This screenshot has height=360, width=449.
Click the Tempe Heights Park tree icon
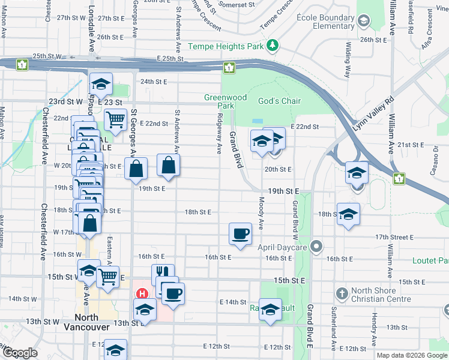(x=273, y=46)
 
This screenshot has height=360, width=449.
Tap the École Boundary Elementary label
(x=325, y=22)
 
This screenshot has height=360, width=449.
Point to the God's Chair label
(x=279, y=101)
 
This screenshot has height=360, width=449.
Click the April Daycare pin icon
(x=318, y=247)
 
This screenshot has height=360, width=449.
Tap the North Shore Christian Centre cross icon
(x=342, y=294)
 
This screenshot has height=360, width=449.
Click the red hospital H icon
(x=142, y=294)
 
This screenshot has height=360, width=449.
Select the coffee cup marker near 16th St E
(x=241, y=233)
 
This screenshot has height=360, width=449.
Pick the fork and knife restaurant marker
(x=163, y=274)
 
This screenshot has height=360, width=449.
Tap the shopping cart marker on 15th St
(x=107, y=277)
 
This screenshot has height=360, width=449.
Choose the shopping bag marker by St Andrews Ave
(x=169, y=164)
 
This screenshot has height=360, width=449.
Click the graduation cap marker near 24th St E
(x=101, y=84)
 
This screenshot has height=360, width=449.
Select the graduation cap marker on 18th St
(x=348, y=214)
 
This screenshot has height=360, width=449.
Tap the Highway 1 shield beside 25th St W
(x=22, y=64)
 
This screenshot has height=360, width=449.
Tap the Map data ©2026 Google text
(x=411, y=355)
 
